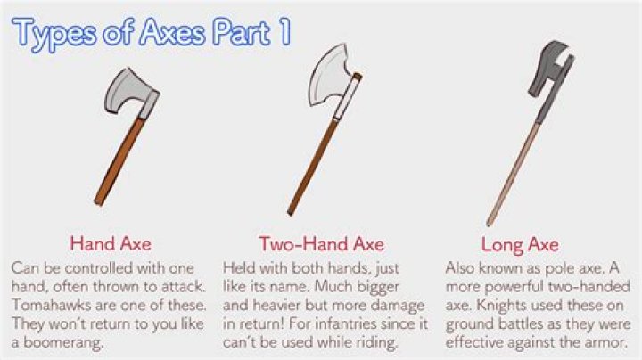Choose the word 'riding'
coord(374,340)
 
